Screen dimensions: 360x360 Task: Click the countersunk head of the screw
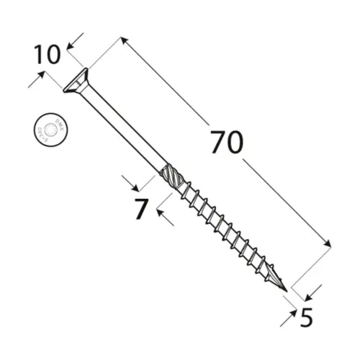(x=74, y=81)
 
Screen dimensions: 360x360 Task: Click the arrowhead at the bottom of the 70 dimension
(x=328, y=245)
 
